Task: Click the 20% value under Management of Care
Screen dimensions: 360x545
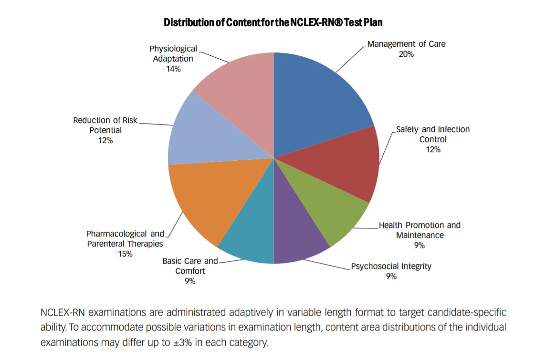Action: pos(406,54)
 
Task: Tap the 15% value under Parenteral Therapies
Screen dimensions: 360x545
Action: pos(125,254)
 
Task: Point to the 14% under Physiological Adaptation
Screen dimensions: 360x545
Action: pos(173,69)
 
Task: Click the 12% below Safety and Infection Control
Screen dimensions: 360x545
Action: pos(433,150)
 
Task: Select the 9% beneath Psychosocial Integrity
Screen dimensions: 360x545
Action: pos(391,277)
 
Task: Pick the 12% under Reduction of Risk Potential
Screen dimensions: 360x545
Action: pos(105,141)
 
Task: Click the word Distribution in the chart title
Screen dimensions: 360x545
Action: pos(187,22)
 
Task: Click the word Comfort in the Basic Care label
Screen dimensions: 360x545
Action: pos(190,271)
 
